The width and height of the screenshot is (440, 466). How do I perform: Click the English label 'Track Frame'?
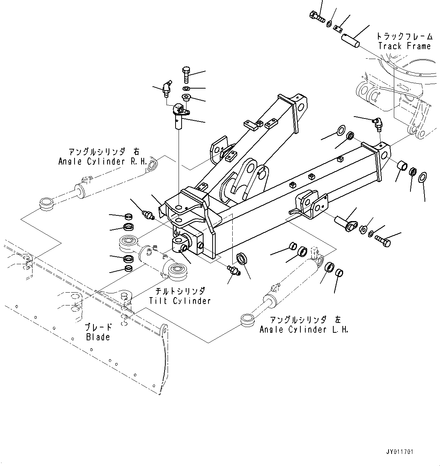point(404,46)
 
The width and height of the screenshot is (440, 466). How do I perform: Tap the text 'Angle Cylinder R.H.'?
point(102,162)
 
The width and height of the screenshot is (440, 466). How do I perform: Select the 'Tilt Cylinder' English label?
point(179,301)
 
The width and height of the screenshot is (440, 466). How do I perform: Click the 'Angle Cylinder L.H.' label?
point(304,329)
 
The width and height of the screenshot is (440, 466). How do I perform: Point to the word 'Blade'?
point(98,337)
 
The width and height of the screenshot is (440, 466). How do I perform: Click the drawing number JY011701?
point(400,452)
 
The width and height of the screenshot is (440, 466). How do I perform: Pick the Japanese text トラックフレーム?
point(404,36)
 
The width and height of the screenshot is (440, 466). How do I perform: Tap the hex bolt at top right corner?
point(316,16)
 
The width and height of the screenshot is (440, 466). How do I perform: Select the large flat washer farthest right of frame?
point(423,176)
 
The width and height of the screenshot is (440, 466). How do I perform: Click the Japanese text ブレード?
point(98,327)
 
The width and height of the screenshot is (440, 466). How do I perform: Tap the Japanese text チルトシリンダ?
point(180,291)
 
